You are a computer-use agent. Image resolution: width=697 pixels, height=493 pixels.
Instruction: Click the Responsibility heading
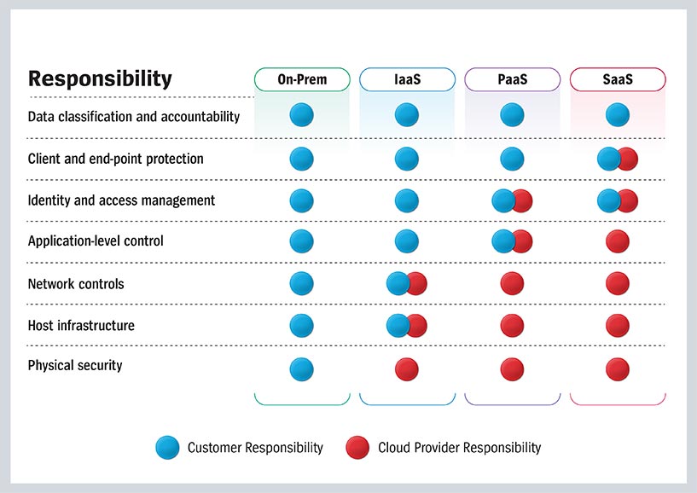100,79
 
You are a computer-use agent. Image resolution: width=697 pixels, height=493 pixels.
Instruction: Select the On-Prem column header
302,80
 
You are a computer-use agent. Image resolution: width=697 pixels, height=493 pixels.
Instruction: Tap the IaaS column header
407,80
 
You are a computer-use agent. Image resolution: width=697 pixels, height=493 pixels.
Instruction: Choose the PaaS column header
512,80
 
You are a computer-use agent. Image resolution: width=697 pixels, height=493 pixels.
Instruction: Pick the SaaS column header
617,80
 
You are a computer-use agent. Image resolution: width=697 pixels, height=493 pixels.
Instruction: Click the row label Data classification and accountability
134,116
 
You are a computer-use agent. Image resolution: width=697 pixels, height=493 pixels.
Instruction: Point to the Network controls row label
76,284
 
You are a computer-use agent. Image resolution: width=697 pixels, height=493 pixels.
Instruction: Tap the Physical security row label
75,366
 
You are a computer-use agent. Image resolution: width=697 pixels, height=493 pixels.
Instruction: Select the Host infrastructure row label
81,325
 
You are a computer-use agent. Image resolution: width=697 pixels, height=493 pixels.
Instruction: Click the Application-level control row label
96,241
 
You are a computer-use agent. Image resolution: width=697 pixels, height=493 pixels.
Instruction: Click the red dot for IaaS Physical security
407,369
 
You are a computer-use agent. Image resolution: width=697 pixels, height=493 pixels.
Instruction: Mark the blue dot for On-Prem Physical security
301,369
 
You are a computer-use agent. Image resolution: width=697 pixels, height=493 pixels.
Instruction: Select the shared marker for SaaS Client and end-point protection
618,159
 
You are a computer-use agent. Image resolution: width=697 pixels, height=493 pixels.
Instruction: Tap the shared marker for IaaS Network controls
407,284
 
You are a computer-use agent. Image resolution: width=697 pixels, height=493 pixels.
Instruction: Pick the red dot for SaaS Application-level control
618,241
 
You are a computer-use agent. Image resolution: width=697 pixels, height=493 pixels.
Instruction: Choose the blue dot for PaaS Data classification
512,114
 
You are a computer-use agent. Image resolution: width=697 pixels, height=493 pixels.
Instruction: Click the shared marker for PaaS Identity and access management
513,201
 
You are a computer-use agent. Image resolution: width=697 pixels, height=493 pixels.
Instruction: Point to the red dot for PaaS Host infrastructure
512,325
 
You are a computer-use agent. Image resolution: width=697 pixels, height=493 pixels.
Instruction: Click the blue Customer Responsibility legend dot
168,447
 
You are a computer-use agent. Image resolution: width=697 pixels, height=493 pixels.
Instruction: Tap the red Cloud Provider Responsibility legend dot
358,447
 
